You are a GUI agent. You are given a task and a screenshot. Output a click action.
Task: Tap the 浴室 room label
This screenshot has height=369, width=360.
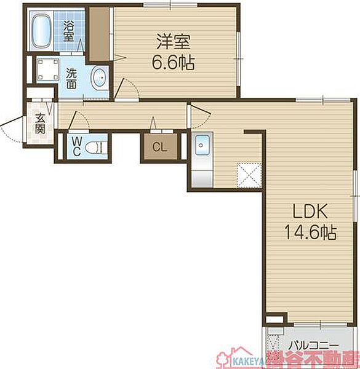click(x=68, y=31)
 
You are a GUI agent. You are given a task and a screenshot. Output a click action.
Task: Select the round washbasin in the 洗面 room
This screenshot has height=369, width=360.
click(x=100, y=77)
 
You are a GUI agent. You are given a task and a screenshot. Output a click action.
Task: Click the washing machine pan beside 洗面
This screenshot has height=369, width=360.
click(x=48, y=69)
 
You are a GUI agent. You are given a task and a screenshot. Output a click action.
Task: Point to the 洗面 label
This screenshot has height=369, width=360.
click(x=71, y=78)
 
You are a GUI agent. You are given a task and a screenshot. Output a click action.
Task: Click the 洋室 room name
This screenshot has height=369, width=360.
click(x=174, y=42)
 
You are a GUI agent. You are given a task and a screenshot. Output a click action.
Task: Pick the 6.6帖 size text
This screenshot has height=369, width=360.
click(x=174, y=63)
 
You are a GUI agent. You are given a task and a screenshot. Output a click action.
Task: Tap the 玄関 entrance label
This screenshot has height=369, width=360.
click(x=40, y=124)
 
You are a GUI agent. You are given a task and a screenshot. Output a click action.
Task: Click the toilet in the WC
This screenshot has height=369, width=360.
click(x=96, y=148)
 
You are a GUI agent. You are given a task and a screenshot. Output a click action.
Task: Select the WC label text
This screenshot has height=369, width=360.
click(x=77, y=146)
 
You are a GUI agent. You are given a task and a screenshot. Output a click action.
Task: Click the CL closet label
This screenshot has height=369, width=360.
click(x=159, y=147)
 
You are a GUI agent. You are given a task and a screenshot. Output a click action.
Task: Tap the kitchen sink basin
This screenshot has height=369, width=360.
click(x=202, y=145)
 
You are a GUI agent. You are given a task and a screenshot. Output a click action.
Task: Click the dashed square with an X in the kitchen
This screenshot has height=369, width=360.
click(x=249, y=175)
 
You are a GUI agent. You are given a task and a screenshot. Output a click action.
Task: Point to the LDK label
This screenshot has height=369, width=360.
click(x=310, y=212)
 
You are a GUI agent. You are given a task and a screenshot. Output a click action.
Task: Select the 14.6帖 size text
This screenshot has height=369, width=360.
click(x=310, y=232)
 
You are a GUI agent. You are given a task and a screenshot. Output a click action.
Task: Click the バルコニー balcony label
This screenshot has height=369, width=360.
click(x=314, y=346)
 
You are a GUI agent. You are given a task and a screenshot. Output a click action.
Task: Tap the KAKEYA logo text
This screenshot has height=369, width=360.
click(x=249, y=361)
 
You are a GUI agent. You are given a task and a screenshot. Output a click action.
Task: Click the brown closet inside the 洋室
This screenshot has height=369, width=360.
click(x=99, y=34)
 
